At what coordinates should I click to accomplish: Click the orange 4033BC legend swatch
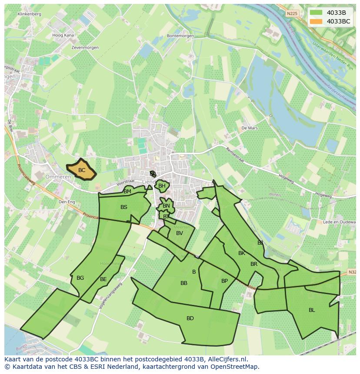click(316, 21)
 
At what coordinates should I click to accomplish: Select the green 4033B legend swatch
click(316, 12)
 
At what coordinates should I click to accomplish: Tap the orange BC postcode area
click(81, 170)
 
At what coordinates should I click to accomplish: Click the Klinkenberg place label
click(30, 14)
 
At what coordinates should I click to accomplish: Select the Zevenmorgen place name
click(85, 47)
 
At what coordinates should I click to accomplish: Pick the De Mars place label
click(250, 128)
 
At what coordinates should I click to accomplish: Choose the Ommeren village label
click(58, 177)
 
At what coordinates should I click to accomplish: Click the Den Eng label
click(67, 202)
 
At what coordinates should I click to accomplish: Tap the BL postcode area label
click(312, 310)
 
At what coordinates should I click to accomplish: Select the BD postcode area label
click(190, 318)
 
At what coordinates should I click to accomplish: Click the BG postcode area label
click(80, 278)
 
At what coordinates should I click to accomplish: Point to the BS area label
click(124, 207)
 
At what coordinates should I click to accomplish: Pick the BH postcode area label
click(162, 186)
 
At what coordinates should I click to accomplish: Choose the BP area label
click(224, 281)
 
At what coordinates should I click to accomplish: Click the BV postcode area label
click(180, 233)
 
